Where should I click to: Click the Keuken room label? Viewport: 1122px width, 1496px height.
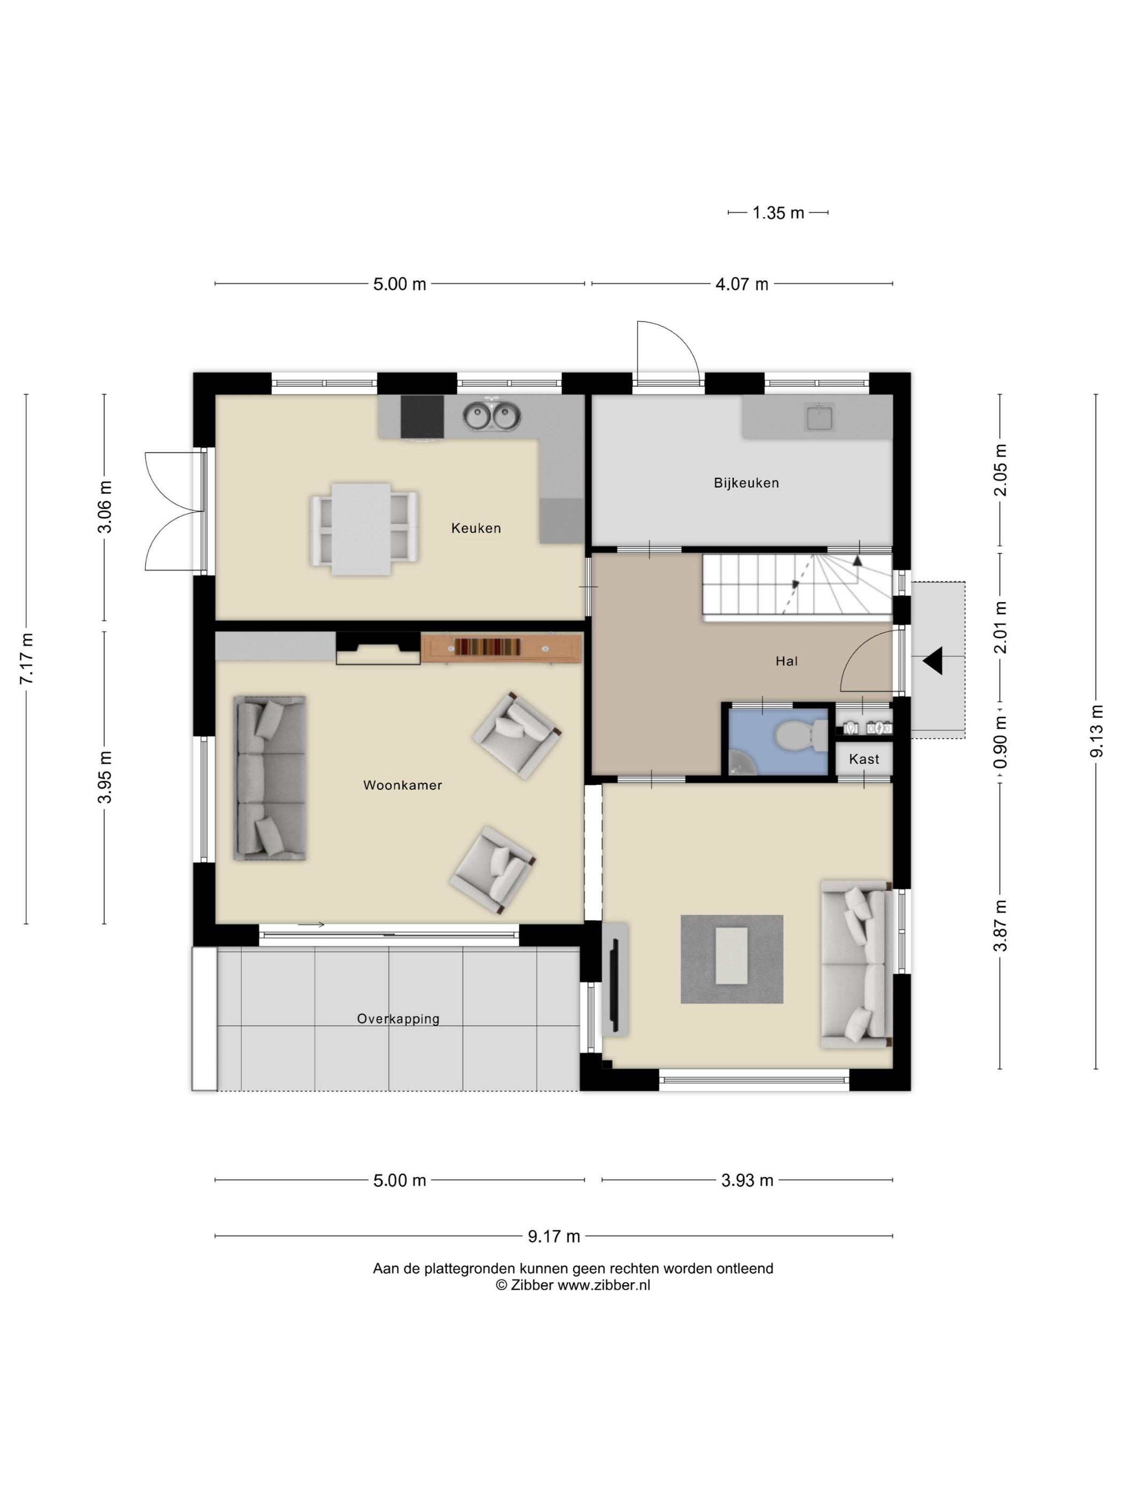476,528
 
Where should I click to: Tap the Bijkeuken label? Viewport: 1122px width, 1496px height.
746,483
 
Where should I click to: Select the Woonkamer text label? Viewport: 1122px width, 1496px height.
402,785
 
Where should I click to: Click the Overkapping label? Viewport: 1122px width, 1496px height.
399,1018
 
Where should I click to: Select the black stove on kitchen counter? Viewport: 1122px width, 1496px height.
422,417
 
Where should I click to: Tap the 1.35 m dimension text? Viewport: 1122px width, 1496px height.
778,213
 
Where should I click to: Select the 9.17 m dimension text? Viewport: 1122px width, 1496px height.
554,1236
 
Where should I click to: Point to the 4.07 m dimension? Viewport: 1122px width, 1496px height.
742,284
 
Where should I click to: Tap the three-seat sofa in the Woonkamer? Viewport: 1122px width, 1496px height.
270,778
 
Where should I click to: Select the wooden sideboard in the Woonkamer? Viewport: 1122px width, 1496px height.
501,648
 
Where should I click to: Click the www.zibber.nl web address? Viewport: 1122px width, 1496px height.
603,1285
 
